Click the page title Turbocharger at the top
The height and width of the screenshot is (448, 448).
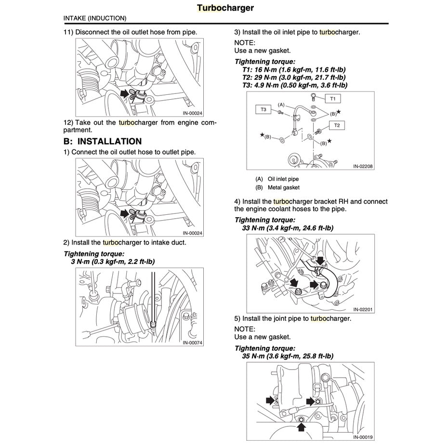(x=225, y=8)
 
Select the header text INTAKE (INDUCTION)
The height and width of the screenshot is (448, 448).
(x=95, y=18)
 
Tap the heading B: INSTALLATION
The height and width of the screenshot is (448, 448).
(x=103, y=141)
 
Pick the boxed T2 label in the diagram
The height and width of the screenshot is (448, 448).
(x=337, y=125)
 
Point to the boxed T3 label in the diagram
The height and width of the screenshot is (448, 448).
(x=263, y=110)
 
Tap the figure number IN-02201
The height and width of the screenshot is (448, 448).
(x=363, y=309)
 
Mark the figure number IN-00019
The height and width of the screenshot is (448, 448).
(x=363, y=437)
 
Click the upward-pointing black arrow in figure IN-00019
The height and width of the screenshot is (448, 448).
(x=301, y=426)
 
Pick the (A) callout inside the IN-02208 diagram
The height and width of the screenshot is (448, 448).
(x=281, y=105)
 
